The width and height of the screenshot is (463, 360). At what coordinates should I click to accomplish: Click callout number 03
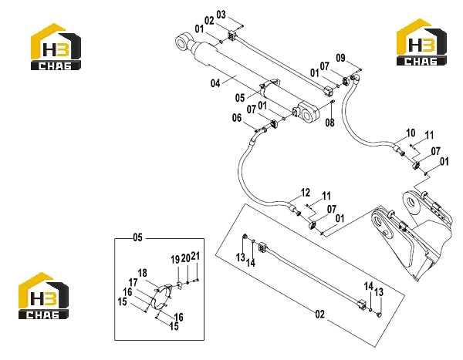[221, 14]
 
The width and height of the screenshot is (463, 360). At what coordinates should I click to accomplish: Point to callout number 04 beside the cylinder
[215, 83]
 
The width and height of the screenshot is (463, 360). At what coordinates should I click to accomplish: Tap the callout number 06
[237, 118]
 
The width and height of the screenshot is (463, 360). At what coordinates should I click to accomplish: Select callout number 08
[330, 123]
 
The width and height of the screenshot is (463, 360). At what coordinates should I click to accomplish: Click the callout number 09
[340, 58]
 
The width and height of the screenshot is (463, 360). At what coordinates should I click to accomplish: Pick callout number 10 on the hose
[411, 133]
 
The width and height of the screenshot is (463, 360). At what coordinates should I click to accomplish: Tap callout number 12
[306, 193]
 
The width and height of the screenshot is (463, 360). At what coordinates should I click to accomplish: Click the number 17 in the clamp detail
[133, 282]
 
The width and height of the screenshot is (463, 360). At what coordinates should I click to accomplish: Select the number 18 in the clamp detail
[142, 273]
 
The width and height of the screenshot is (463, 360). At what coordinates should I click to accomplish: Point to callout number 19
[175, 260]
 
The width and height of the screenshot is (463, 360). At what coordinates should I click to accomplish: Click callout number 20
[185, 258]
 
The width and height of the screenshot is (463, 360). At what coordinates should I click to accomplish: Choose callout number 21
[195, 256]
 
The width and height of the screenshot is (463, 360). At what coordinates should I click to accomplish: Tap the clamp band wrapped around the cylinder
[269, 85]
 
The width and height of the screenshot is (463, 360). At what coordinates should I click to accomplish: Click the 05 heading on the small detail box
[137, 237]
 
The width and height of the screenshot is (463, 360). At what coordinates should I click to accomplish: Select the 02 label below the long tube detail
[319, 315]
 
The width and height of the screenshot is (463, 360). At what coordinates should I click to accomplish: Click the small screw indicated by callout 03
[241, 26]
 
